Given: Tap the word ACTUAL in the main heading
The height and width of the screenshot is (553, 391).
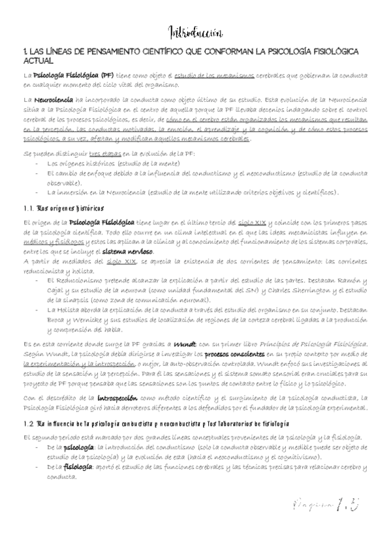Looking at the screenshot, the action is pyautogui.click(x=36, y=60).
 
